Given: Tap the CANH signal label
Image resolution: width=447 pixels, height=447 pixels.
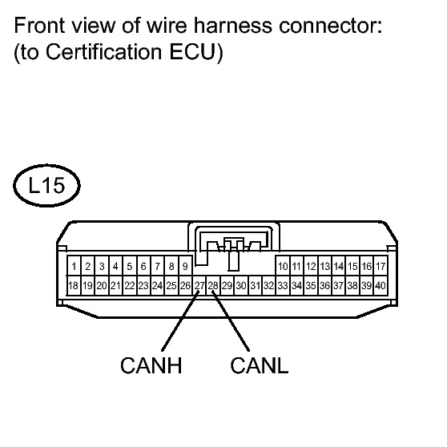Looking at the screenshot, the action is click(x=151, y=365).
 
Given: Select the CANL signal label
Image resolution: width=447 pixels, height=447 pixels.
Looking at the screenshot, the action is click(x=260, y=365).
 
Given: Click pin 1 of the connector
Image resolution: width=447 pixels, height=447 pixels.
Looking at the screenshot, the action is click(x=74, y=266).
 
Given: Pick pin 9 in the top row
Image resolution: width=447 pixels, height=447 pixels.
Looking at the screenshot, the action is click(x=185, y=266).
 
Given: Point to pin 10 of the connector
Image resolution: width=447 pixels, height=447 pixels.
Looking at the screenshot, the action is click(x=283, y=266).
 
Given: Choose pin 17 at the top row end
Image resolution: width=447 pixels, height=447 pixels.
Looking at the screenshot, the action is click(x=381, y=266).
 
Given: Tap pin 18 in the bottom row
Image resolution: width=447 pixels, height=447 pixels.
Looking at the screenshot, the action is click(x=74, y=285).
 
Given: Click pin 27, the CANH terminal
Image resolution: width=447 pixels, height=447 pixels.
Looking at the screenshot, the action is click(x=199, y=285).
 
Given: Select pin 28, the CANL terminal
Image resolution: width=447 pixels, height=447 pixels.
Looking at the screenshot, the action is click(x=213, y=285).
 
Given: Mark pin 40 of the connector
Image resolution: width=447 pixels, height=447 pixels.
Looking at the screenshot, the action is click(x=381, y=285).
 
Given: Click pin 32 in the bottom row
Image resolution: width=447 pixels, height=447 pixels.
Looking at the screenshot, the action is click(x=269, y=285).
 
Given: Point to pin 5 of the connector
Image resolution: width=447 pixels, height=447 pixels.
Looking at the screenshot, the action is click(x=130, y=266).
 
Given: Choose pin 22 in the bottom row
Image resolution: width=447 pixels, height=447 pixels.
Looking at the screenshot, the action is click(x=130, y=285).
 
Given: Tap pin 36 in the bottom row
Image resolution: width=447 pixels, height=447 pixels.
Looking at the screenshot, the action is click(x=324, y=285).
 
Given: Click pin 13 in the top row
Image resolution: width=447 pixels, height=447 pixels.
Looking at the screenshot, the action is click(x=324, y=266).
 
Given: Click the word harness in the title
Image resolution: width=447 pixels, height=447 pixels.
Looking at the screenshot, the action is click(x=233, y=26).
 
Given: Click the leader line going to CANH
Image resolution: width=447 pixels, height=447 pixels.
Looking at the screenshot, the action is click(x=180, y=321).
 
